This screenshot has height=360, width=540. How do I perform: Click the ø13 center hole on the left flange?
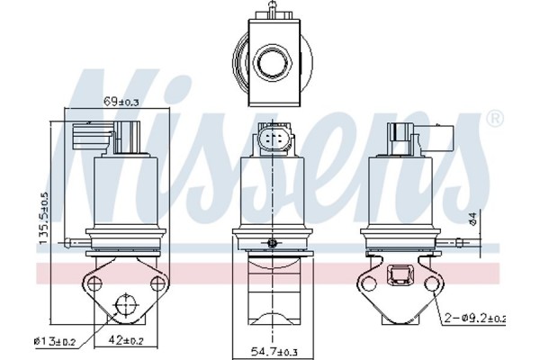coord(123,309)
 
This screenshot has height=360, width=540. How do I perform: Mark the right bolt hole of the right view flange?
coord(433,285)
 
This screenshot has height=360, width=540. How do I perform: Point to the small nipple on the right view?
coord(463,241)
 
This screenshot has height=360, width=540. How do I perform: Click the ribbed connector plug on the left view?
coord(90,140)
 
